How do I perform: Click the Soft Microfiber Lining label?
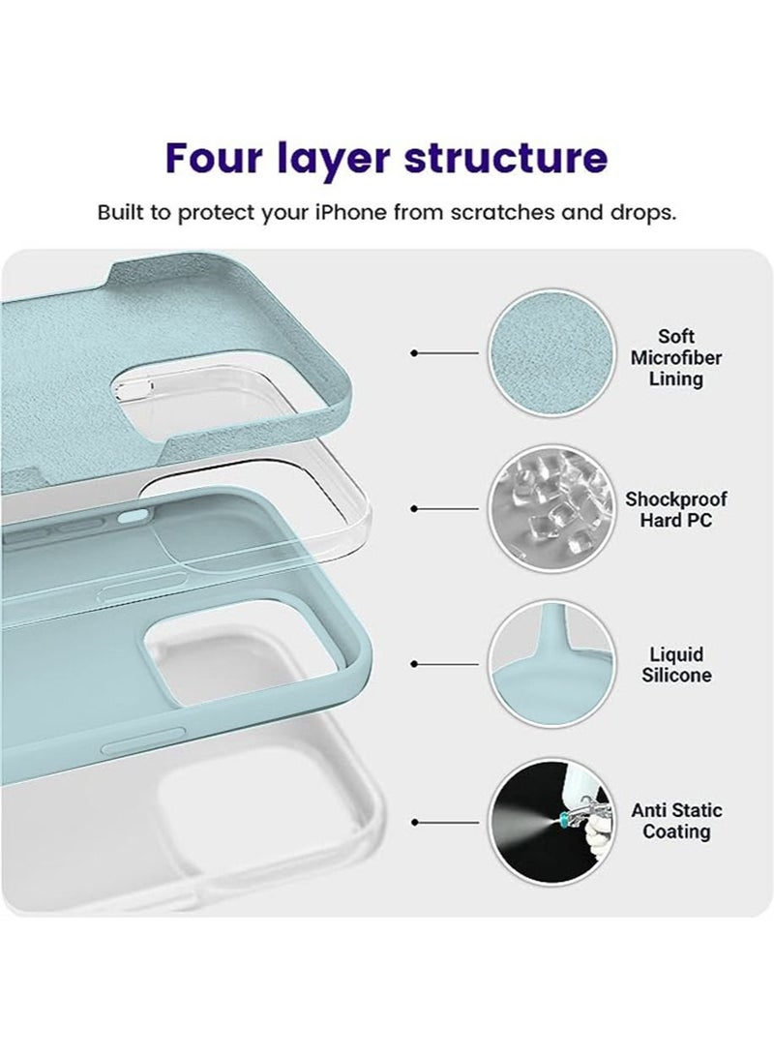[675, 357]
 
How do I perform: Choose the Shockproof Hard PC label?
[675, 509]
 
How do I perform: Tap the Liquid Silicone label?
[675, 665]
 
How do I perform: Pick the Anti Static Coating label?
[675, 821]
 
